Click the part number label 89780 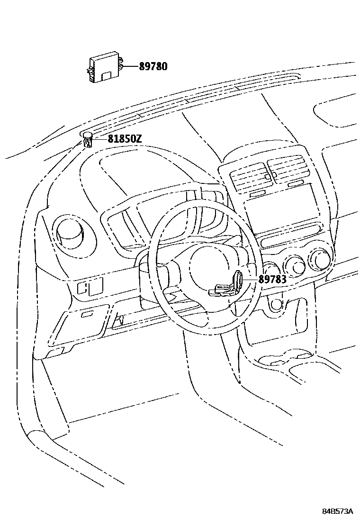[x=153, y=67]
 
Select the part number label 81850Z [x=124, y=139]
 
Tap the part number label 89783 [x=272, y=279]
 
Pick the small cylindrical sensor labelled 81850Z [x=88, y=140]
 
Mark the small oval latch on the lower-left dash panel [x=87, y=314]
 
